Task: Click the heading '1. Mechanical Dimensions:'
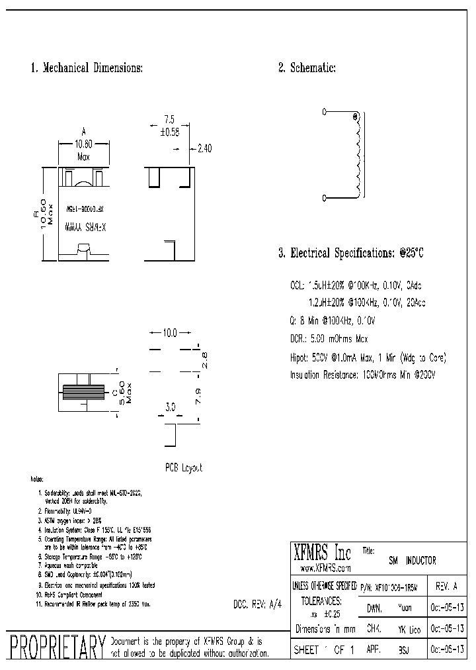click(x=86, y=68)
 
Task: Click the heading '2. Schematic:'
click(x=307, y=68)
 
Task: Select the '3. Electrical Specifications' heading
click(x=350, y=254)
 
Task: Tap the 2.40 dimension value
click(x=204, y=149)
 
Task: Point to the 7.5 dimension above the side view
click(x=169, y=120)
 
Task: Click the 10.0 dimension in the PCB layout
click(x=171, y=333)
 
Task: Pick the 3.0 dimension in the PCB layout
click(x=170, y=408)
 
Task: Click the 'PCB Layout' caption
click(x=183, y=467)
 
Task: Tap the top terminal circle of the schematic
click(x=325, y=113)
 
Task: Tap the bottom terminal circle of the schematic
click(x=325, y=197)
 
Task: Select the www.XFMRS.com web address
click(x=325, y=568)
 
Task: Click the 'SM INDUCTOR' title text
click(x=411, y=561)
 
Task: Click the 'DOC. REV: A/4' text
click(x=258, y=604)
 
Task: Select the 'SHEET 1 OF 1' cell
click(x=324, y=650)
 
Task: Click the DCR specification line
click(x=329, y=339)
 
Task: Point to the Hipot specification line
click(x=368, y=358)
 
